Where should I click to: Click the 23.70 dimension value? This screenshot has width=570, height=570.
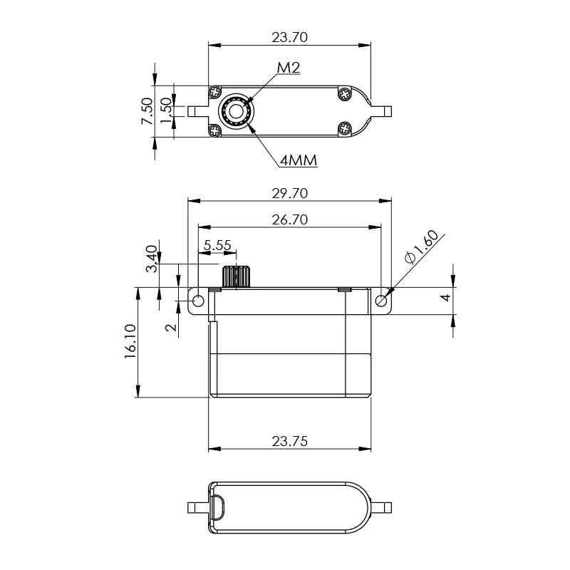pos(289,37)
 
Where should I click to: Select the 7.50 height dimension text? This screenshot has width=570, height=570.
pos(147,111)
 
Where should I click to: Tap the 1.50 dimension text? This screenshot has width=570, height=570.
pos(165,111)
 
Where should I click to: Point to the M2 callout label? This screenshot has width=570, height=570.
pos(288,68)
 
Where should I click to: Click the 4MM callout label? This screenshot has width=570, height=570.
pos(299,160)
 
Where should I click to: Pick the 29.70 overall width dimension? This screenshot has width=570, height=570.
pos(289,193)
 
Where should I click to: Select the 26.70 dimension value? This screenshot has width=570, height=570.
pos(289,220)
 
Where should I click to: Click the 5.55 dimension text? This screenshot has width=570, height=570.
pos(217,245)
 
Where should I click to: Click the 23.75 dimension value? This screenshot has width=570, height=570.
pos(289,441)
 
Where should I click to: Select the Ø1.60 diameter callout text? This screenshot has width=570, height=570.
pos(421,249)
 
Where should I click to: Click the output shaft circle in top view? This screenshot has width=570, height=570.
pos(235,111)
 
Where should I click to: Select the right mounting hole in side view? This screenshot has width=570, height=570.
pos(381,301)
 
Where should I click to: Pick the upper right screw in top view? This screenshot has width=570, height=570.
pos(345,93)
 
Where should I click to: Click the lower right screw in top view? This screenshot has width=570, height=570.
pos(345,129)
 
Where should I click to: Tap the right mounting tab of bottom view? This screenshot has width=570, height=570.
pos(383,507)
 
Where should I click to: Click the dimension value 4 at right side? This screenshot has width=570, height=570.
pos(445,298)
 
